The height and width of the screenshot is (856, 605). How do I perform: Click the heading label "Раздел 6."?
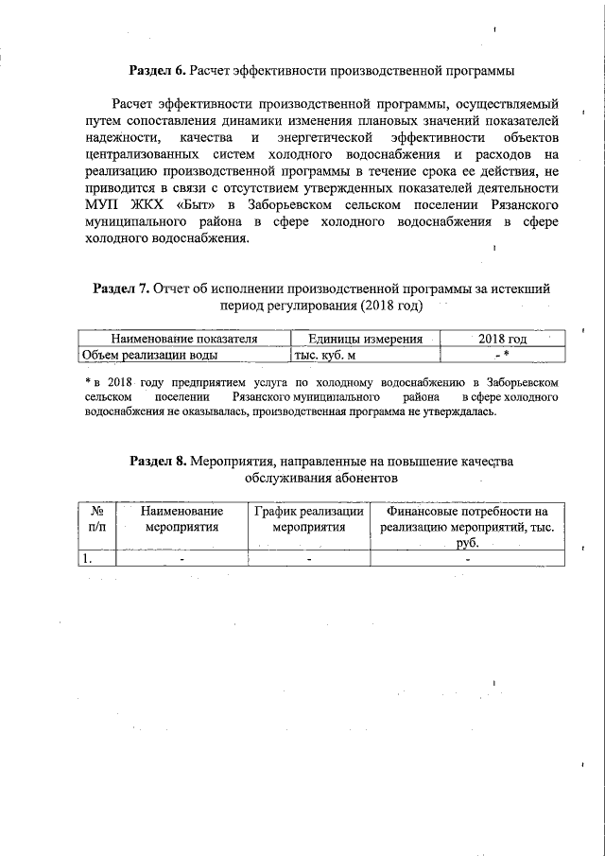(x=157, y=70)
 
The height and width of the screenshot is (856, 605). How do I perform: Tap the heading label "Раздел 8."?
(x=158, y=461)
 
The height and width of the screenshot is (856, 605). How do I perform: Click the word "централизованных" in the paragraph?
(x=141, y=155)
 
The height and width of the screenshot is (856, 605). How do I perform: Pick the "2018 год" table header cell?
(x=502, y=339)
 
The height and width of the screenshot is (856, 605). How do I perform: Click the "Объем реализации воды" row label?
(x=149, y=355)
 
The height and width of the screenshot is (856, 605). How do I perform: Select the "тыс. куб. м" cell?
(x=319, y=355)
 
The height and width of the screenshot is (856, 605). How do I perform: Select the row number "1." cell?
(x=87, y=558)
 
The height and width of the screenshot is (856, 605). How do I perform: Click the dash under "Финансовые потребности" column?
(x=467, y=558)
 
